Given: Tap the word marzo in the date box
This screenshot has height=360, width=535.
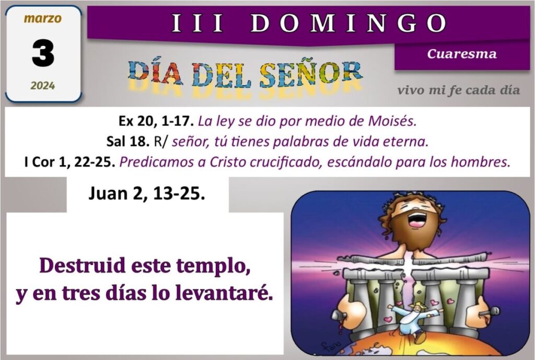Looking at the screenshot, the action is click(x=43, y=18).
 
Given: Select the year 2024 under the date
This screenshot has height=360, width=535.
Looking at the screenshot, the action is click(x=43, y=85).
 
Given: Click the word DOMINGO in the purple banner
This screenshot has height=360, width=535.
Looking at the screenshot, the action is click(x=348, y=23).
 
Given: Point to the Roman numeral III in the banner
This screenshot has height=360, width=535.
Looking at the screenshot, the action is click(x=197, y=23).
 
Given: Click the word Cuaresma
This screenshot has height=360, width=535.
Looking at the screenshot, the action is click(x=462, y=54).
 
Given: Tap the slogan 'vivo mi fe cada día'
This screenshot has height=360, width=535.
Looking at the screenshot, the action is click(x=459, y=90).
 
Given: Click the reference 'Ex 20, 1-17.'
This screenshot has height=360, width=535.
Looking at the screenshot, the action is click(x=156, y=121).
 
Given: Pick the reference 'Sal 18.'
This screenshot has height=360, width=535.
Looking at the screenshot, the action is click(x=128, y=141).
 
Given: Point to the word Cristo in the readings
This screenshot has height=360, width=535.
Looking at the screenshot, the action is click(x=228, y=162).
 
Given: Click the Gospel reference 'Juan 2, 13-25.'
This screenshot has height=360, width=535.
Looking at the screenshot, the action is click(x=147, y=193).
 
